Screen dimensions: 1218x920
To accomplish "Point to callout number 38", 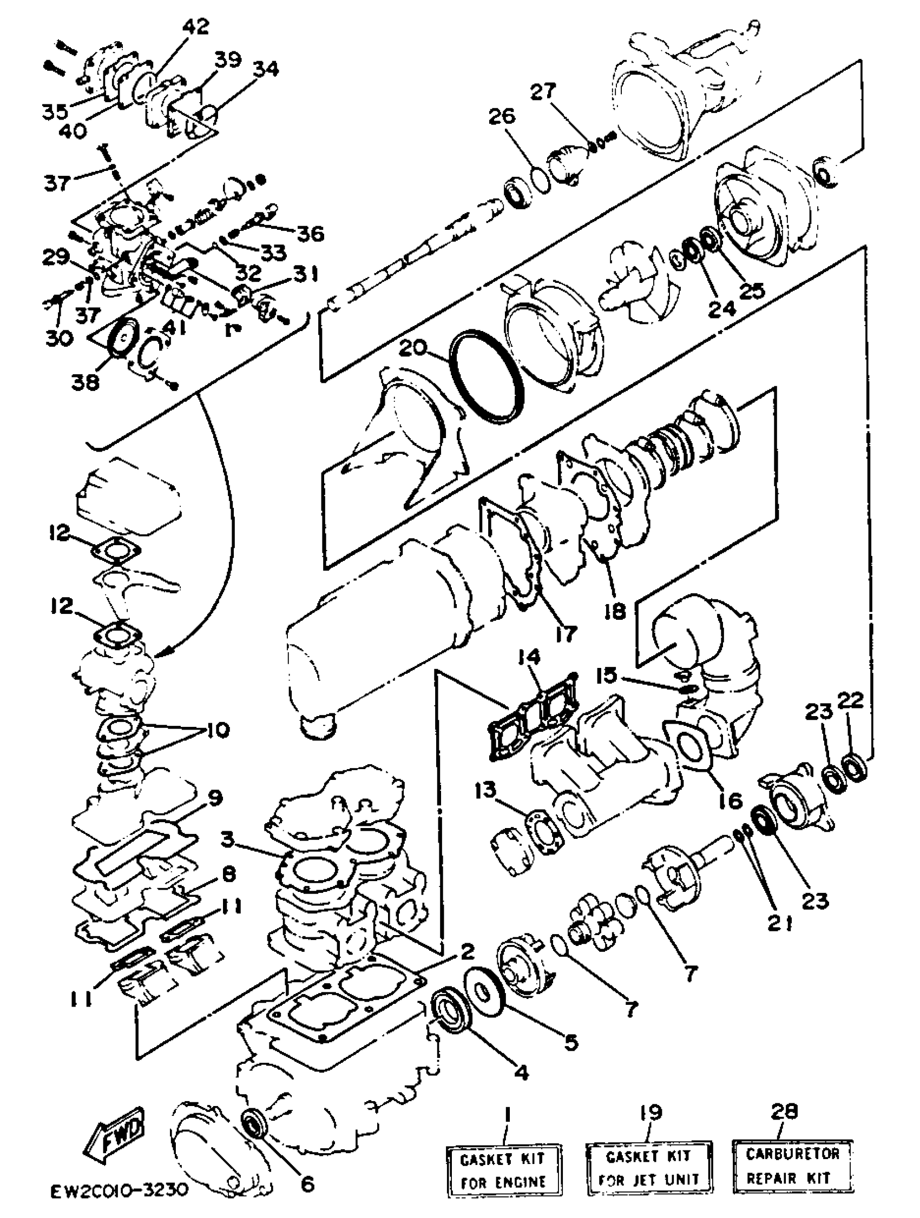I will [85, 381].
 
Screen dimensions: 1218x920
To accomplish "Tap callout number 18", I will [614, 610].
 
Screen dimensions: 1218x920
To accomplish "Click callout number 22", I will [850, 701].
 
